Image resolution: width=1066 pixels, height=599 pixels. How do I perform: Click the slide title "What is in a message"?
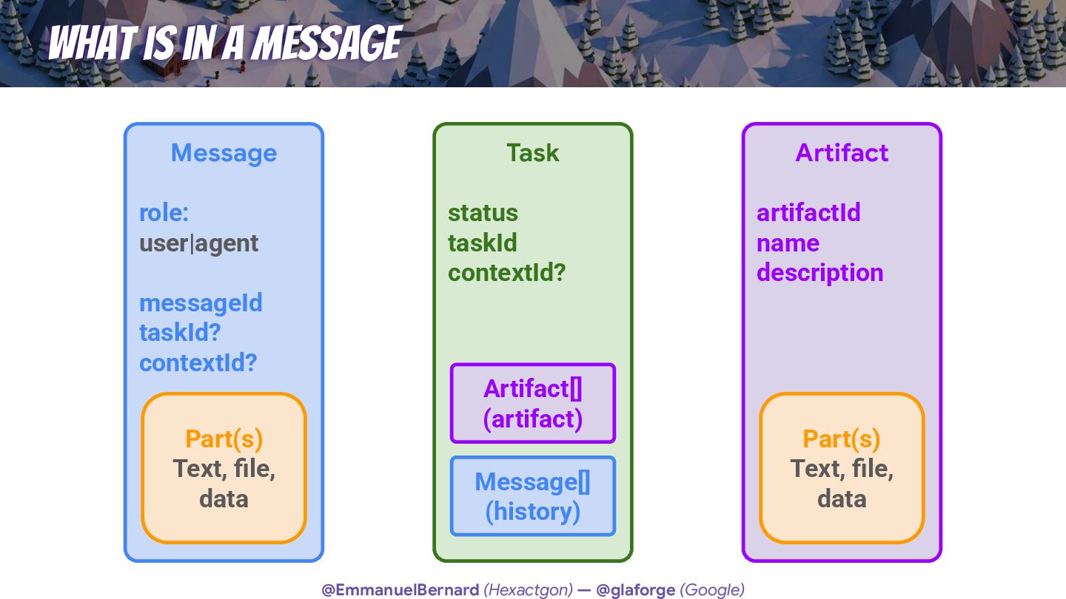(x=225, y=43)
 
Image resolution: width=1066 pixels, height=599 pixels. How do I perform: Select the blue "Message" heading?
(x=224, y=153)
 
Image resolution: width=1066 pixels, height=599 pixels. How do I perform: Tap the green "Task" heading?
(x=532, y=153)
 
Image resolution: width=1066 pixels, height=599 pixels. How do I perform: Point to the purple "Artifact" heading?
(x=842, y=153)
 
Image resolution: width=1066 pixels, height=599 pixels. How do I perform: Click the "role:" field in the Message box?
(x=164, y=213)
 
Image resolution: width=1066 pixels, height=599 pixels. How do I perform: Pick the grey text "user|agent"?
(x=199, y=243)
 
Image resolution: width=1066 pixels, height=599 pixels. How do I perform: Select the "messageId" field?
(x=201, y=303)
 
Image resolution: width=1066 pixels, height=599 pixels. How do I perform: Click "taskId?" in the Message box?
(x=180, y=333)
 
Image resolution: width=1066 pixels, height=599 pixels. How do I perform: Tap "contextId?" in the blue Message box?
(x=198, y=363)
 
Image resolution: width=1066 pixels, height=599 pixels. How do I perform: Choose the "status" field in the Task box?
(x=483, y=213)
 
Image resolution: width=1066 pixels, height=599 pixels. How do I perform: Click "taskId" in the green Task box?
(x=482, y=243)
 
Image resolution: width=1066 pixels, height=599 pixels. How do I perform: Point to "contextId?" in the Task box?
(x=506, y=273)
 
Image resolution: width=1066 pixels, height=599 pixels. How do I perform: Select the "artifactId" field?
(x=808, y=213)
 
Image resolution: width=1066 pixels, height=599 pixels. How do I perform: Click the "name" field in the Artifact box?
(x=788, y=243)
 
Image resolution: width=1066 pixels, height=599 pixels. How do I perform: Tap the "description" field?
(x=819, y=273)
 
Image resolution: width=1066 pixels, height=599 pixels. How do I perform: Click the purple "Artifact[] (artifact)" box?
(x=533, y=403)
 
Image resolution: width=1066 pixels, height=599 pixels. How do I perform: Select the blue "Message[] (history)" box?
(x=533, y=496)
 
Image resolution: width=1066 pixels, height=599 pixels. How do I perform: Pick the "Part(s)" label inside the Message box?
(x=224, y=439)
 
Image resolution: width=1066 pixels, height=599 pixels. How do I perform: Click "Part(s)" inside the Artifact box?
(x=842, y=439)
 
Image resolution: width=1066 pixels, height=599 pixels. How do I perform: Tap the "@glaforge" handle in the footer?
(x=635, y=590)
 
